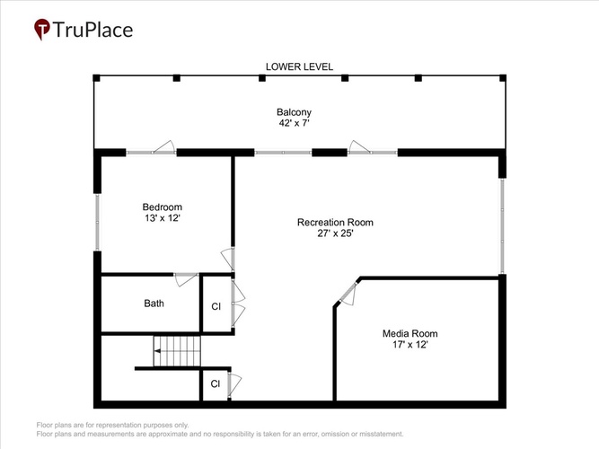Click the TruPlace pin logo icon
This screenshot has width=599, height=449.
coord(42,29)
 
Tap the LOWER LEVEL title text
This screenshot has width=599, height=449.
coord(299,66)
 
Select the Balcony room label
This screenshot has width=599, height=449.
coord(294,112)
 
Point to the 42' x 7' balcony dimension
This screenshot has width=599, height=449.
coord(294,123)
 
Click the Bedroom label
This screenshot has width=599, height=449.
coord(163,207)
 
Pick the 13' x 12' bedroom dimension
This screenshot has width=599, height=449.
coord(163,218)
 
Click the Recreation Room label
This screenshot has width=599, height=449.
coord(335,223)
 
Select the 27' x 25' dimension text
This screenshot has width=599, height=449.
coord(335,233)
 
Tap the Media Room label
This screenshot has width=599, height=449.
coord(410,333)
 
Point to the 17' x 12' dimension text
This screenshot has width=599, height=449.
coord(410,345)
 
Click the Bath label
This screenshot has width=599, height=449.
coord(154,304)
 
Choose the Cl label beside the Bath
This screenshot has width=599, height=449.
coord(216,306)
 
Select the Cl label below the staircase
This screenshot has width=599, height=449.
coord(215,383)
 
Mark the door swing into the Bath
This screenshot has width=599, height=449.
coord(187,279)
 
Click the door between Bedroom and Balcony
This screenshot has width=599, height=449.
coord(163,147)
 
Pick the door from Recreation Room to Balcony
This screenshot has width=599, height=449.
coord(359,147)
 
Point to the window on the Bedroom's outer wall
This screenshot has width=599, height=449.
coord(97,222)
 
